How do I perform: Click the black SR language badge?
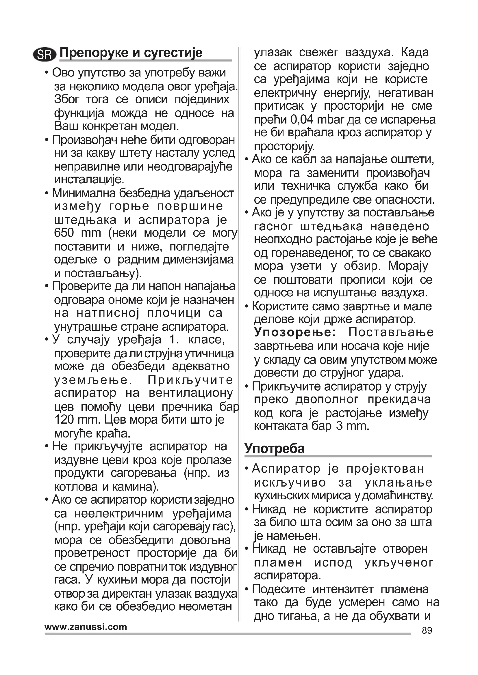(45, 54)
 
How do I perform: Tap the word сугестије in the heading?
(173, 53)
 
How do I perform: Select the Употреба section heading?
(274, 449)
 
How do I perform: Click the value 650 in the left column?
(64, 233)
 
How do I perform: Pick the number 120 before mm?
(64, 420)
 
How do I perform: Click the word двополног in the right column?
(327, 399)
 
